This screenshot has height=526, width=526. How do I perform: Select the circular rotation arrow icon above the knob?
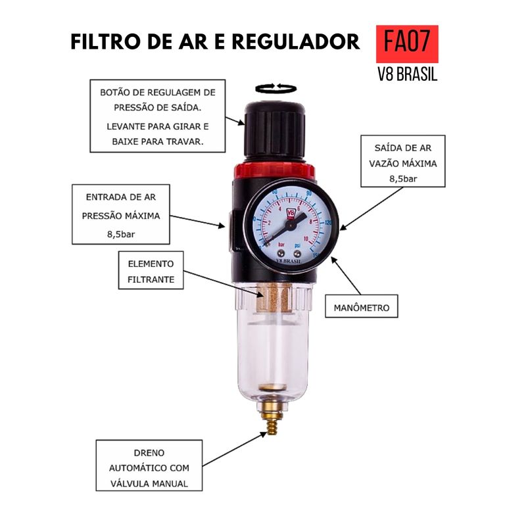point(274,89)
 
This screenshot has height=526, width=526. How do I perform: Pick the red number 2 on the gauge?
point(268,223)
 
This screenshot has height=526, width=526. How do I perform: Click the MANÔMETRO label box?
point(362,307)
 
